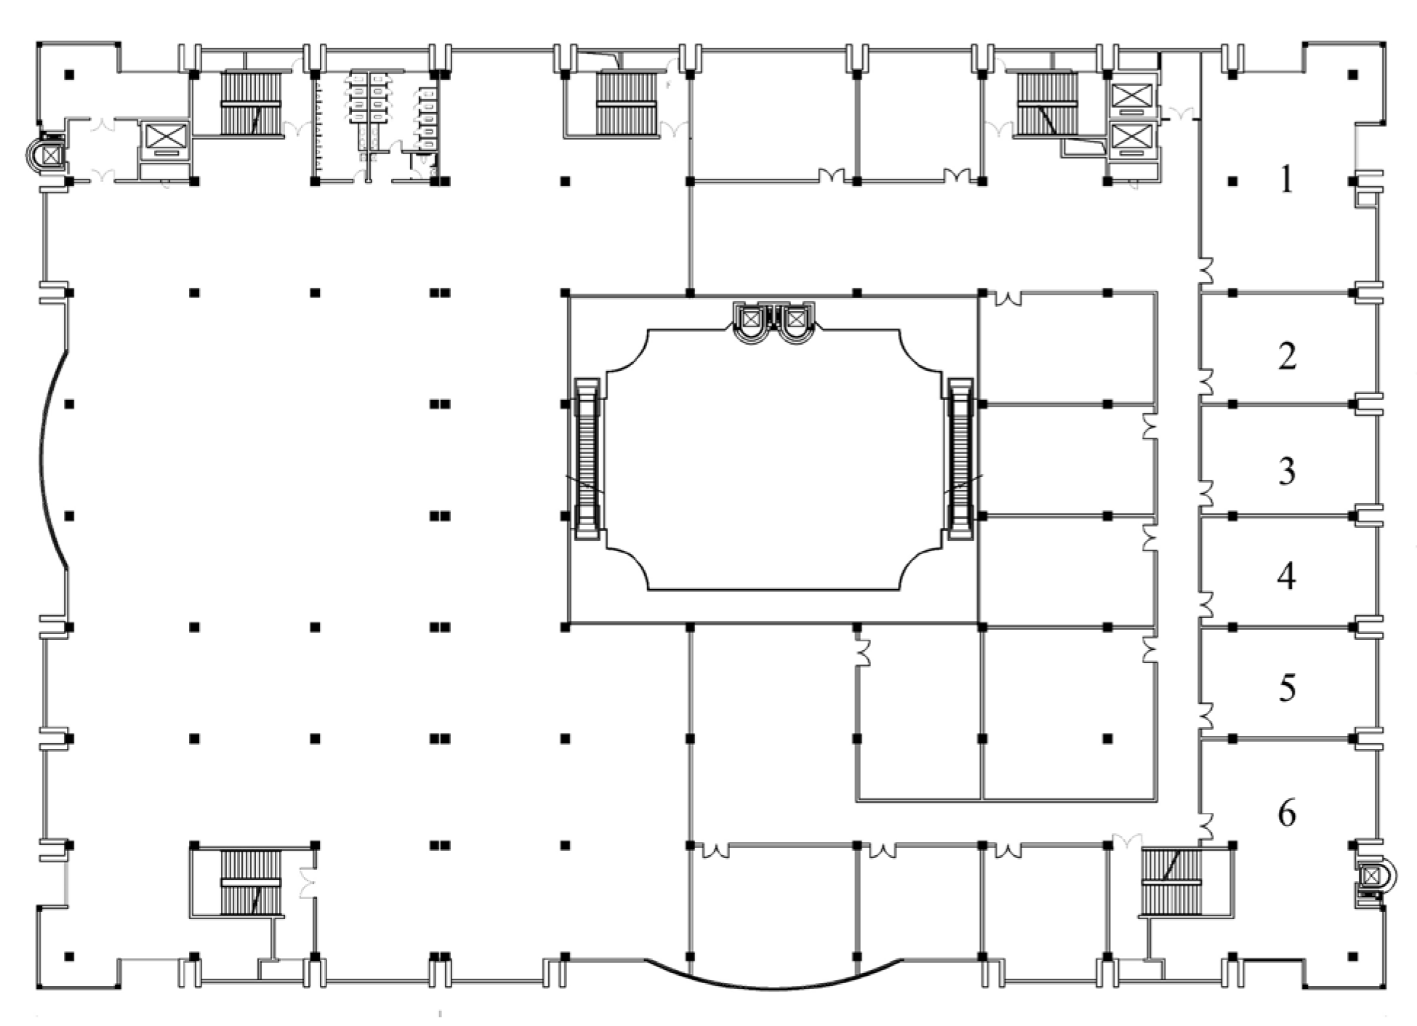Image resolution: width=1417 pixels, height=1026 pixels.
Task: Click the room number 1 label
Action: tap(1286, 180)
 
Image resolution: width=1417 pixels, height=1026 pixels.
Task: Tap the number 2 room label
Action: tap(1286, 356)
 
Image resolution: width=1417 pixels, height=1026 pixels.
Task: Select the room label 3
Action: tap(1286, 471)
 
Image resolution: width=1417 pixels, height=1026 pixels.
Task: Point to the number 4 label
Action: tap(1286, 576)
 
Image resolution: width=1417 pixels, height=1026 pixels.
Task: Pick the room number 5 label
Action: tap(1286, 688)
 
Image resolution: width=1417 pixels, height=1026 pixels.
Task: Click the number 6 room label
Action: tap(1286, 813)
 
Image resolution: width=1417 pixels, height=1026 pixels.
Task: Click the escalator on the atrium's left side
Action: tap(587, 458)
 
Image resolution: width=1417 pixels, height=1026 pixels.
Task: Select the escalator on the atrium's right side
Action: tap(960, 458)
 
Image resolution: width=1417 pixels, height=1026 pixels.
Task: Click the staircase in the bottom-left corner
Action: tap(250, 882)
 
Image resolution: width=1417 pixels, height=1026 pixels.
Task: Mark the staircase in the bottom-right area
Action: tap(1171, 882)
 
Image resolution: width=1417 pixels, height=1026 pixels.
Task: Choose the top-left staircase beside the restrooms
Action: tap(250, 103)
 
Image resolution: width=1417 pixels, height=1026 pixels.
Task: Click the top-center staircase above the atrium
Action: tap(626, 103)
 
